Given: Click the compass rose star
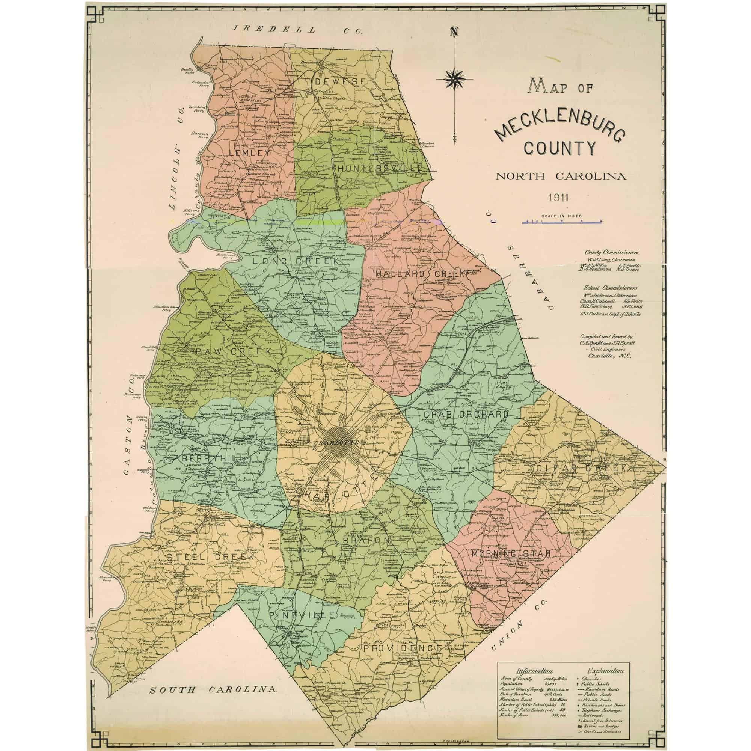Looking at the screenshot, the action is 454,79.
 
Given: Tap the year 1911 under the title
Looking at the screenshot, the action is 558,198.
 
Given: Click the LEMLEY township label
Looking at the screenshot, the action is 250,153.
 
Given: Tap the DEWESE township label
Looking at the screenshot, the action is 340,82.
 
